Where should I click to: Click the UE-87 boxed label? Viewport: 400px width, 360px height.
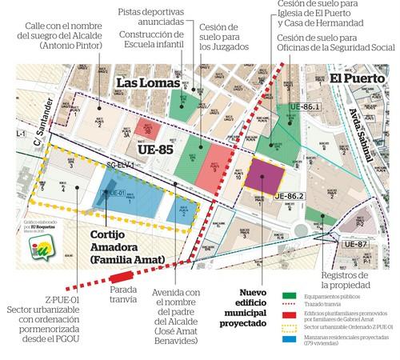[353, 244]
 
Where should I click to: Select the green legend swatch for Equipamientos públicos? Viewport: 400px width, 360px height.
[290, 296]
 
